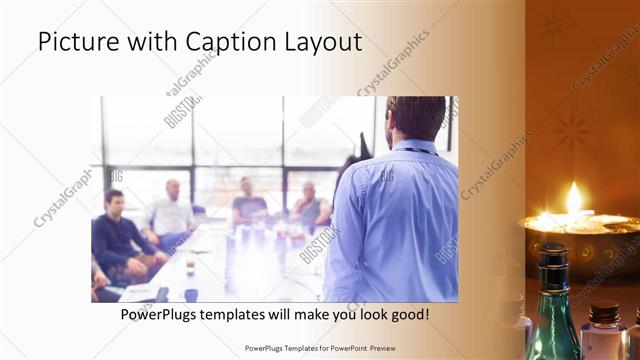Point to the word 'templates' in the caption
click(246, 315)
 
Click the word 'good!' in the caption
click(409, 315)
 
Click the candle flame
click(574, 198)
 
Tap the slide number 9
click(590, 347)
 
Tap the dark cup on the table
click(190, 267)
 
